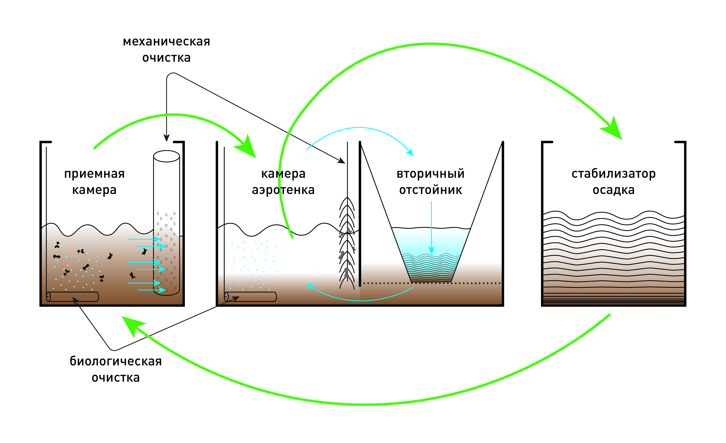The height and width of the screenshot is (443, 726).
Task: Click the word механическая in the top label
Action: click(166, 41)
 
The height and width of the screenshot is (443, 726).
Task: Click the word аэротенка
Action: click(283, 190)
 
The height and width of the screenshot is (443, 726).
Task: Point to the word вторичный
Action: click(430, 174)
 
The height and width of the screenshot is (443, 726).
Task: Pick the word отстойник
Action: click(430, 190)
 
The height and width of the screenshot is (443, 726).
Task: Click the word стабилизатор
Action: click(613, 174)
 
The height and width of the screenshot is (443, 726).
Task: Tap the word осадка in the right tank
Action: click(613, 190)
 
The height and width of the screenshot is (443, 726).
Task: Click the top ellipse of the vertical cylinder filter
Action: click(166, 156)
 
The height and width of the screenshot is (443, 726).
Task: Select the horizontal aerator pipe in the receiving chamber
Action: click(72, 297)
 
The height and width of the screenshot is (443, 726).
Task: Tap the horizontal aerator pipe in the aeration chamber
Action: click(250, 297)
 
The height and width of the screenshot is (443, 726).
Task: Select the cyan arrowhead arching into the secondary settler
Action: click(410, 152)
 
